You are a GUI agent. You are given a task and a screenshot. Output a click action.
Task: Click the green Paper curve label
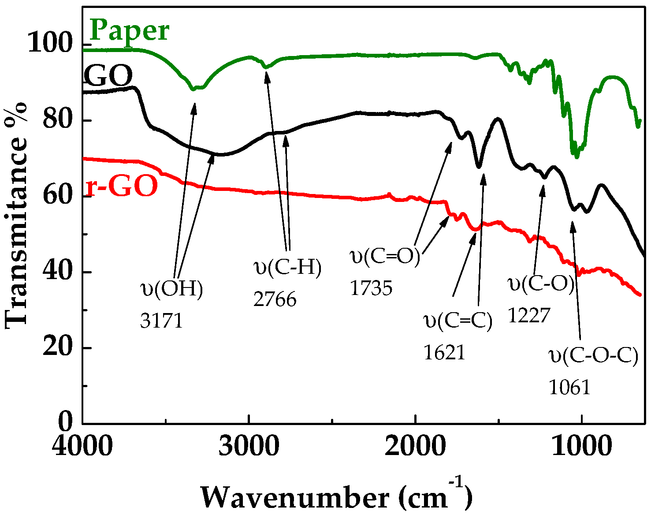click(130, 31)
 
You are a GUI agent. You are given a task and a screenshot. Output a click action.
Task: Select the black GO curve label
click(108, 76)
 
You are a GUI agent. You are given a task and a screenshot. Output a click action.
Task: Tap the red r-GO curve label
click(122, 186)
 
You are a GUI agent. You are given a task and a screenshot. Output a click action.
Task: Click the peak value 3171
click(161, 321)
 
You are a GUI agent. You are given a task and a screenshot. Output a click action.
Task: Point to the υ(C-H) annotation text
click(288, 268)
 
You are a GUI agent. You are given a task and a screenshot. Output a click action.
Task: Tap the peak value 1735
click(371, 288)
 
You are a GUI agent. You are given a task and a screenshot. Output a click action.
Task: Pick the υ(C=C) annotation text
click(458, 321)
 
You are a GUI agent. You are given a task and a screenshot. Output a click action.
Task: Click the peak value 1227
click(529, 315)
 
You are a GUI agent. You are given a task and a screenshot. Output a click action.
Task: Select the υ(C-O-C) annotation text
click(593, 355)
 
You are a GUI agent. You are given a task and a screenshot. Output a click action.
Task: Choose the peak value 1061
click(569, 388)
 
